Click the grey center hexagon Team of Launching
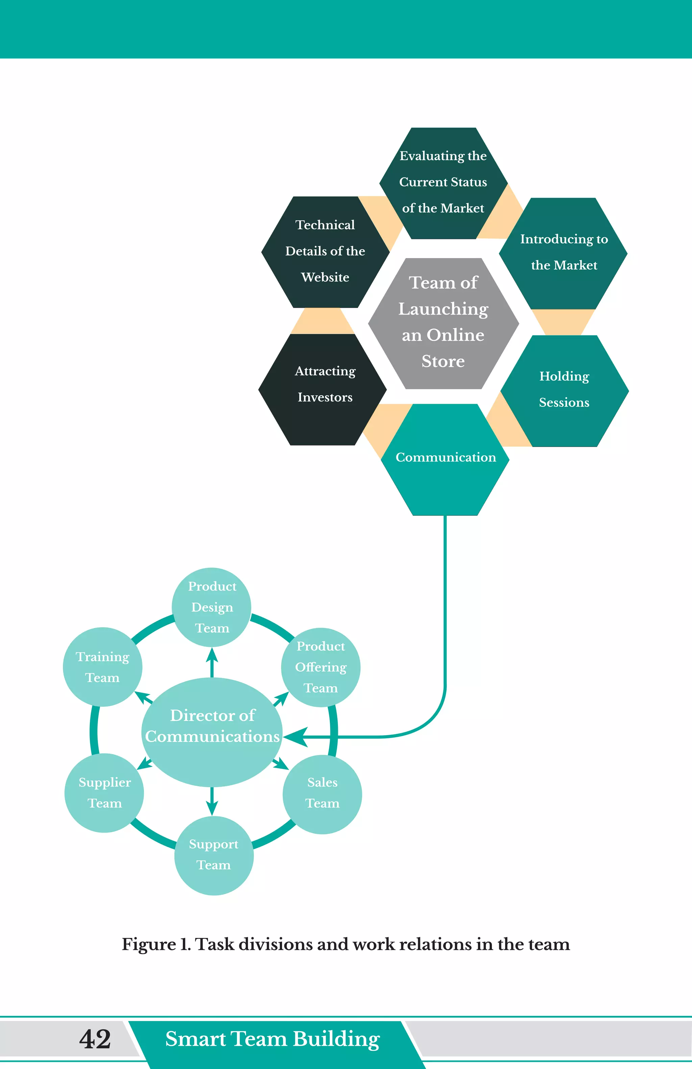coord(443,323)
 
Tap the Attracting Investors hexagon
coord(322,389)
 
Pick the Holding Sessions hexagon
coord(564,390)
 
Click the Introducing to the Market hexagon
coord(563,253)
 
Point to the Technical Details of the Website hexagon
coord(325,251)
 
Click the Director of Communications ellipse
coord(212,732)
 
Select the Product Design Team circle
coord(212,607)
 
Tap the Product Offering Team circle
coord(321,667)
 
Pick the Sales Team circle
coord(322,794)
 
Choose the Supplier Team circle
coord(104,793)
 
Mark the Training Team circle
coord(102,667)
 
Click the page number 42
coord(95,1039)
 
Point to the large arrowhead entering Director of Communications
coord(295,737)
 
